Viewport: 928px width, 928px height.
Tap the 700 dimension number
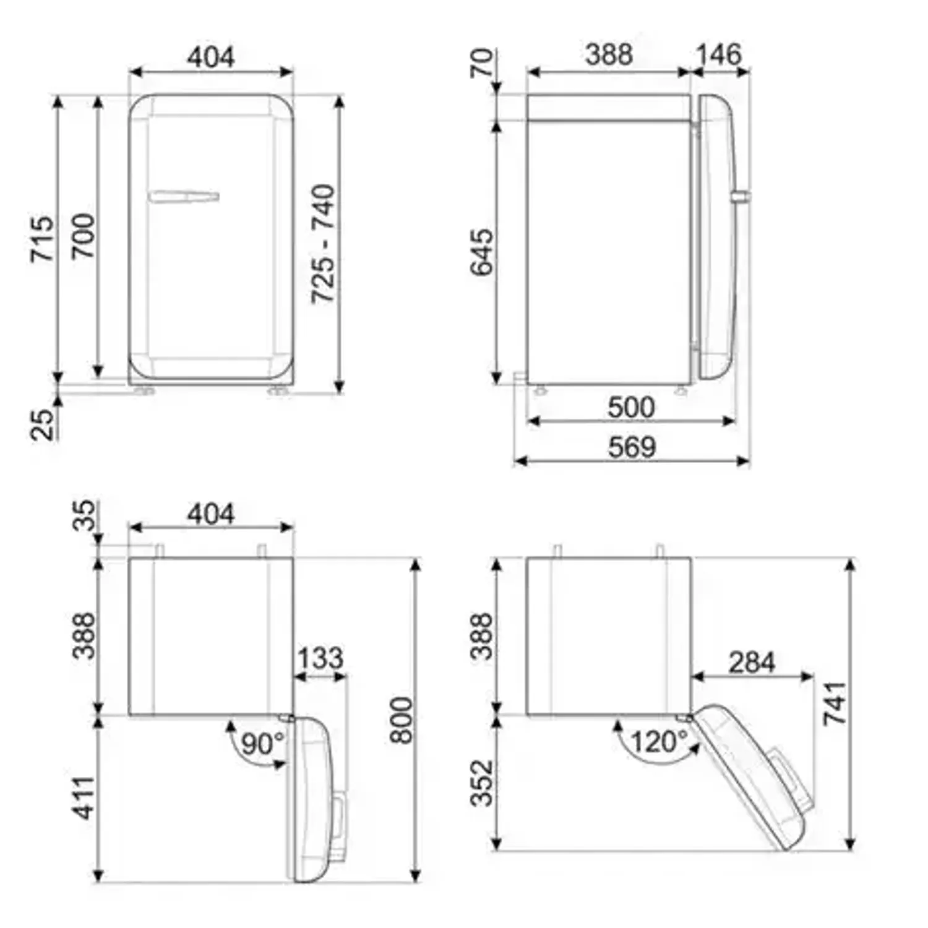(x=83, y=237)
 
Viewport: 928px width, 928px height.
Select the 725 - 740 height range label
(x=323, y=244)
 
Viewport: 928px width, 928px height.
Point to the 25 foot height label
(x=43, y=424)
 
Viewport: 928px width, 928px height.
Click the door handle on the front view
(x=184, y=197)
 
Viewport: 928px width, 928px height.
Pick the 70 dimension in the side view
(x=483, y=63)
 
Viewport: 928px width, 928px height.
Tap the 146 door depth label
(x=718, y=54)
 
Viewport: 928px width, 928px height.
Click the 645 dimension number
(x=483, y=252)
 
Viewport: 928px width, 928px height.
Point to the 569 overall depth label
(x=631, y=447)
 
